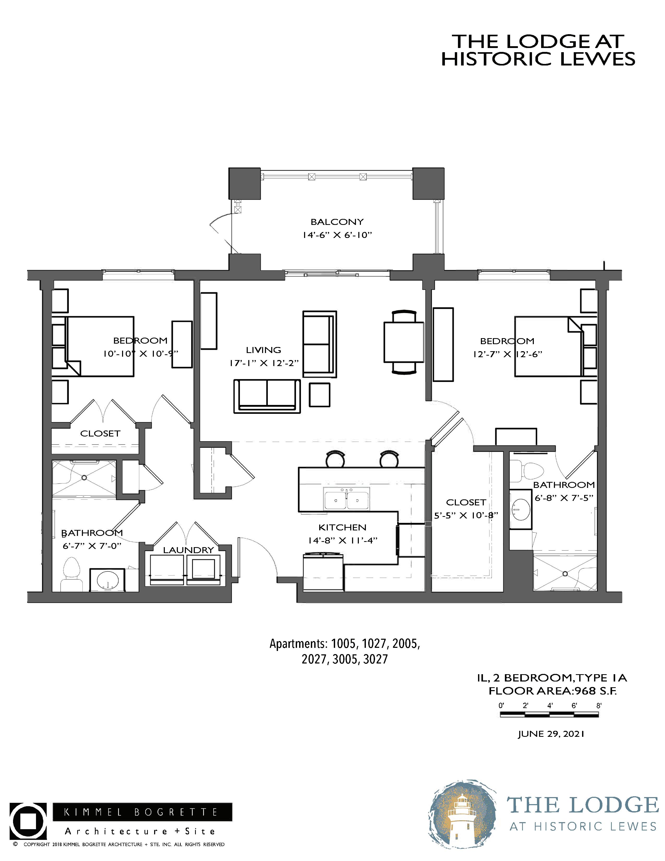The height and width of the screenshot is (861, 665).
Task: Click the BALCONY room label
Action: (337, 222)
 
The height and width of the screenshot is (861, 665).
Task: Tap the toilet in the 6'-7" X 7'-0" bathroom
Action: (72, 573)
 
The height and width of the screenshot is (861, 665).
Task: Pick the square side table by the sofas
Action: (319, 394)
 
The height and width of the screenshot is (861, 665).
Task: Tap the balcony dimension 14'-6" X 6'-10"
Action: (337, 235)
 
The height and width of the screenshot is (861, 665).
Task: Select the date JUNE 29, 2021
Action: (551, 734)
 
